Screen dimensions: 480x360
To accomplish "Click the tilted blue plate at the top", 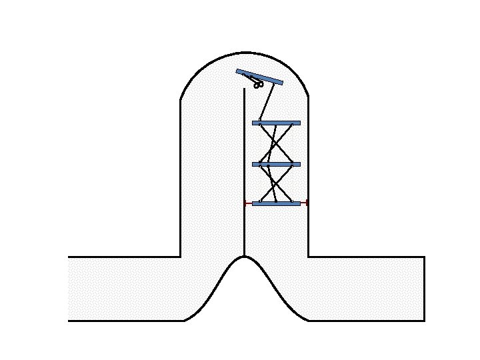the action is [x=259, y=77].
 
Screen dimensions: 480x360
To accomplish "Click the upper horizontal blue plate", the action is [x=276, y=123].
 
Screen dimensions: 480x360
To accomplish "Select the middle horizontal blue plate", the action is [x=276, y=164].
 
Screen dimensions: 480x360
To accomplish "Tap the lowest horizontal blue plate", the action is [x=276, y=203].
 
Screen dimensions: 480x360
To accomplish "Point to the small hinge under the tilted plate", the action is [x=259, y=85].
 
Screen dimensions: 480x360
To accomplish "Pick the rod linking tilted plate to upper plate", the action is [x=267, y=102].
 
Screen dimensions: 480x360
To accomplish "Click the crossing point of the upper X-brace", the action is [x=275, y=143].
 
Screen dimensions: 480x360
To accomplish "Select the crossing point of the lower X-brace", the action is [x=275, y=183].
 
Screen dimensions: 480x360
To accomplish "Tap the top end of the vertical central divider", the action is [x=245, y=89].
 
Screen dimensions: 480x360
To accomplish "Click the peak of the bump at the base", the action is [x=245, y=257].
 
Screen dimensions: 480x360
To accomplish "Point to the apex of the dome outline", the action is [x=245, y=52].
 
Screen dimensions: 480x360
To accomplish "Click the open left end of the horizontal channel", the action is [x=69, y=289].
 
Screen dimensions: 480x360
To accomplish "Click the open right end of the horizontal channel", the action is [x=424, y=289].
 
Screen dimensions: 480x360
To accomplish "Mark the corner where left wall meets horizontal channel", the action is [x=181, y=257].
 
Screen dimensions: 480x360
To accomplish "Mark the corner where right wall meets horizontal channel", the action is [x=308, y=257].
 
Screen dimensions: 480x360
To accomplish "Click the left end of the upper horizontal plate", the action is [x=253, y=123].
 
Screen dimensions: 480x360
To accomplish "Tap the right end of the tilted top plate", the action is [x=281, y=83].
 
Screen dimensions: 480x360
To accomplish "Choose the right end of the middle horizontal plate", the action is [x=299, y=164].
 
